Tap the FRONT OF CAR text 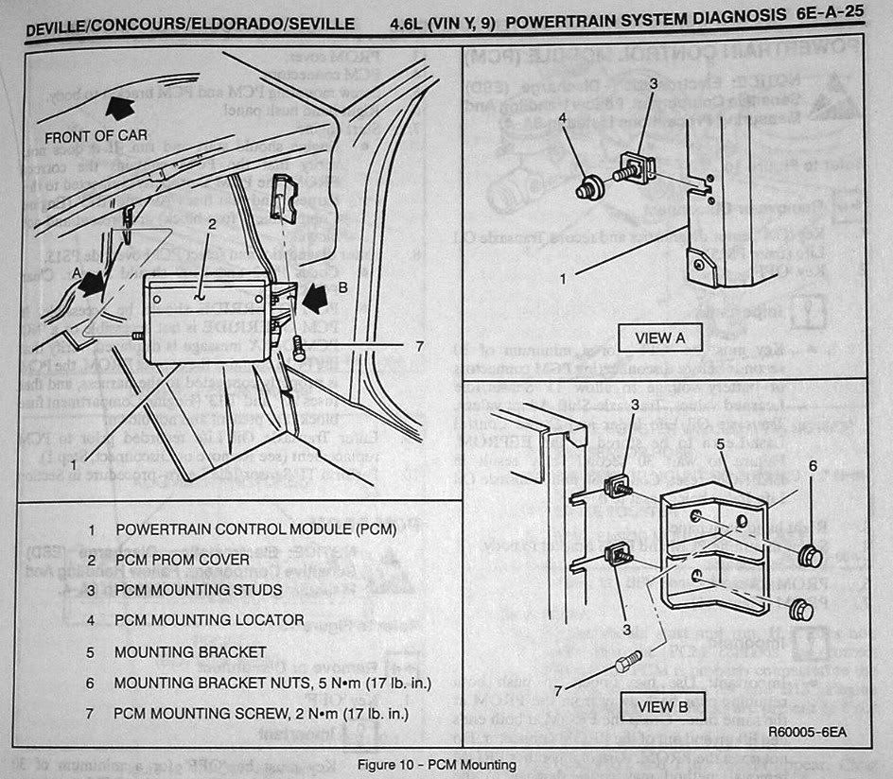pos(94,134)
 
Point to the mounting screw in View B pos(626,663)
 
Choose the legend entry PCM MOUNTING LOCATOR pos(209,620)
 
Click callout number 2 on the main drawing pos(213,224)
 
